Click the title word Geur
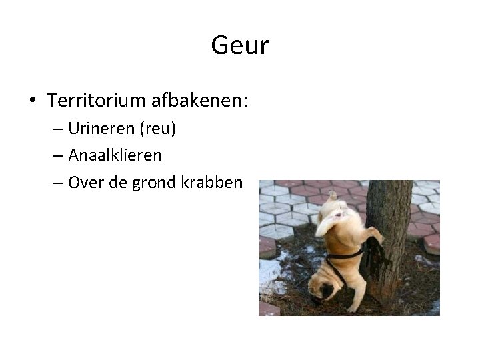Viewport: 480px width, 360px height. click(x=240, y=46)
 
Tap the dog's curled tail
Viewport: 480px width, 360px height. click(x=331, y=196)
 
